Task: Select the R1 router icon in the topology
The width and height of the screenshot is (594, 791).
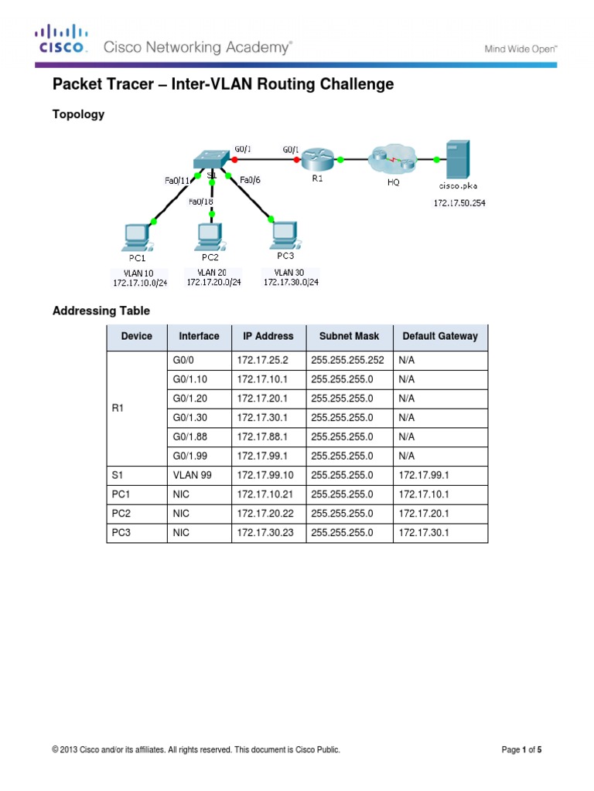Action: point(318,160)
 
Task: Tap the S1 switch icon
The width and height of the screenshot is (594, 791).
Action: point(210,158)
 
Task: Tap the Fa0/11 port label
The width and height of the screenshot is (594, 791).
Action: point(176,180)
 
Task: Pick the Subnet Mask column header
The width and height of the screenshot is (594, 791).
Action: point(349,336)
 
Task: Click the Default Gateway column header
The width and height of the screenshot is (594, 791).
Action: point(440,336)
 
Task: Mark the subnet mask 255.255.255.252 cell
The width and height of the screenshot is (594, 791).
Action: point(347,361)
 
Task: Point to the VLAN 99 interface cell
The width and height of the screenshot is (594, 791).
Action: point(191,475)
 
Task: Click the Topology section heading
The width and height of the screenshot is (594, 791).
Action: point(78,114)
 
